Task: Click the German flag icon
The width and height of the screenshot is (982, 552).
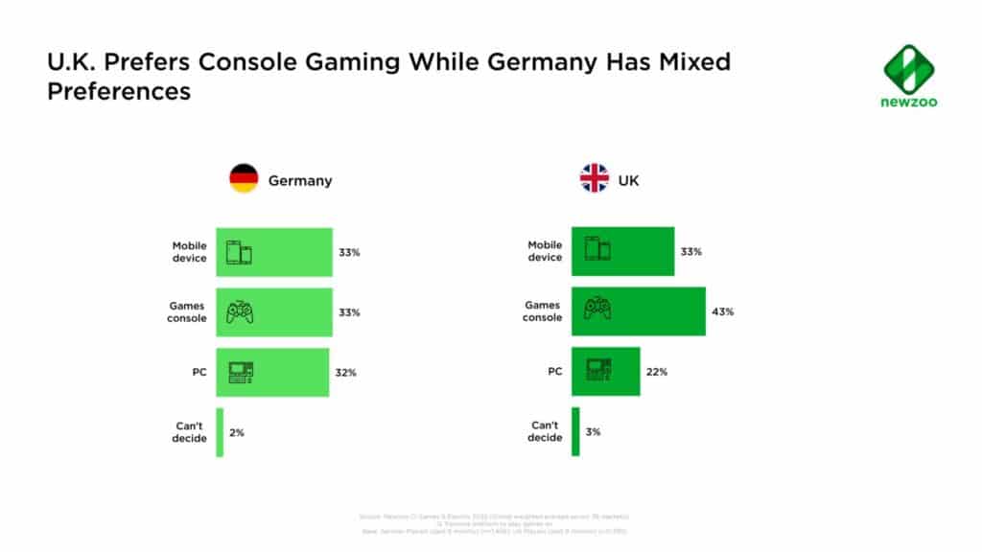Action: (x=244, y=179)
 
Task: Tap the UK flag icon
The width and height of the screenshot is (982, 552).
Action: (x=595, y=178)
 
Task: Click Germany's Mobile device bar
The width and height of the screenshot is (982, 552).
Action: (x=274, y=252)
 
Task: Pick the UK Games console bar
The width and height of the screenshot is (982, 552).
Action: (x=639, y=310)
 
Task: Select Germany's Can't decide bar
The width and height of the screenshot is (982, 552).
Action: (x=220, y=432)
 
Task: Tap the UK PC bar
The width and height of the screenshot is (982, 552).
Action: (x=606, y=372)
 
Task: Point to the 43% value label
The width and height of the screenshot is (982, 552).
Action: (x=721, y=311)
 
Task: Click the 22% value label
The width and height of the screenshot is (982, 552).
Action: (x=656, y=372)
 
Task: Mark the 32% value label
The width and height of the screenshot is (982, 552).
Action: (x=345, y=372)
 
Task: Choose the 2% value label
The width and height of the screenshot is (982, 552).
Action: (x=237, y=432)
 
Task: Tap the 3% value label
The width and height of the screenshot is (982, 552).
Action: (x=593, y=432)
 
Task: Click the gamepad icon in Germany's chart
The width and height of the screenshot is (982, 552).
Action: (x=240, y=311)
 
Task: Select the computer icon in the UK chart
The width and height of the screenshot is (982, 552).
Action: (x=598, y=370)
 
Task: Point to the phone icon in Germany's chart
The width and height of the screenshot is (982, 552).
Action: (x=240, y=252)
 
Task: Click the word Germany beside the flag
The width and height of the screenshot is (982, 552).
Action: (x=300, y=180)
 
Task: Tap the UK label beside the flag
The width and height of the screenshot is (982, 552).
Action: (x=628, y=179)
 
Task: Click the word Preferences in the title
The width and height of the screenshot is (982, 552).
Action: (x=119, y=92)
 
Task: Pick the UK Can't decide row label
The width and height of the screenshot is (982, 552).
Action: (x=545, y=432)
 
